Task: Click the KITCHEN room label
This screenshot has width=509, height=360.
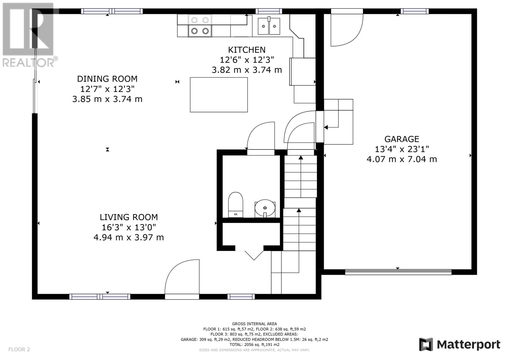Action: [x=247, y=50]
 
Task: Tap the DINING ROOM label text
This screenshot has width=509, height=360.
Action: [x=107, y=79]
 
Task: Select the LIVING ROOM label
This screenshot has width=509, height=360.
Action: [x=129, y=217]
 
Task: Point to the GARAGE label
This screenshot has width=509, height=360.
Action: [x=402, y=139]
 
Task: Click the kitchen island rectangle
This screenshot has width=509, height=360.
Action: [x=219, y=95]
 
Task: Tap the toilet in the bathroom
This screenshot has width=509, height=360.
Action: [x=235, y=205]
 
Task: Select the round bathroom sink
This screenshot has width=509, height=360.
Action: [x=265, y=208]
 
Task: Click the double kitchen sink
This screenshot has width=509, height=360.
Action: [x=269, y=26]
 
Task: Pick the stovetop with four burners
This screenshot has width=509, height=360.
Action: [x=200, y=26]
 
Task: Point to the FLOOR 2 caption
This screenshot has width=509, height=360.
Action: [x=19, y=349]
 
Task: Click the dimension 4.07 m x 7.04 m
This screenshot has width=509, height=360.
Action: [x=402, y=159]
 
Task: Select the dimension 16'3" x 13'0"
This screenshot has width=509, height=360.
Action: [x=129, y=227]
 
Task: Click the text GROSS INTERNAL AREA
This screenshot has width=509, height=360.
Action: [x=254, y=324]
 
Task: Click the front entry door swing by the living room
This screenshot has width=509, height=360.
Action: [x=173, y=268]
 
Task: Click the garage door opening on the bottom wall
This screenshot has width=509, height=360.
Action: [x=398, y=272]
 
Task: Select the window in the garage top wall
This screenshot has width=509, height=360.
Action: [x=415, y=11]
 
